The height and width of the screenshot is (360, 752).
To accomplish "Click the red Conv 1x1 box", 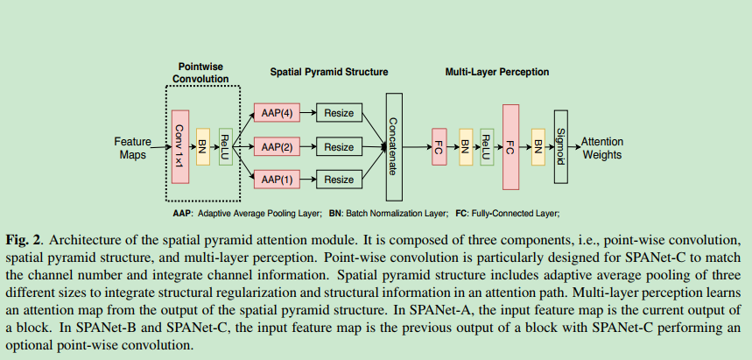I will tap(181, 146).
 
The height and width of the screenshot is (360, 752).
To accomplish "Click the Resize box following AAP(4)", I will tap(339, 114).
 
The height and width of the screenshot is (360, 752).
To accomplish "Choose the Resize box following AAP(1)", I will tap(339, 180).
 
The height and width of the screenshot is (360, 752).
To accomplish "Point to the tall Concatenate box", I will tap(393, 146).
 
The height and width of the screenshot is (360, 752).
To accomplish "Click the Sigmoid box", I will tap(560, 146).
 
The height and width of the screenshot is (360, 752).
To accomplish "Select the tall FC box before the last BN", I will tap(511, 146).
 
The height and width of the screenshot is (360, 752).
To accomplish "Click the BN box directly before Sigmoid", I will tap(537, 146).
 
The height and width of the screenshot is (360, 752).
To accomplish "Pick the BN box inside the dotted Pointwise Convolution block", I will tap(203, 146).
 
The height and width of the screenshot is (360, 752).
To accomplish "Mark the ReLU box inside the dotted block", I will tap(225, 146).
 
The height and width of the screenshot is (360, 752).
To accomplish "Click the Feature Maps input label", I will tap(132, 147).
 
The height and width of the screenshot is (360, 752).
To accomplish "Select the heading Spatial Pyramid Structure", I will tap(328, 72).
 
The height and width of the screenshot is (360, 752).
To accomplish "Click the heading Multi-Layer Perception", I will tap(497, 72).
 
